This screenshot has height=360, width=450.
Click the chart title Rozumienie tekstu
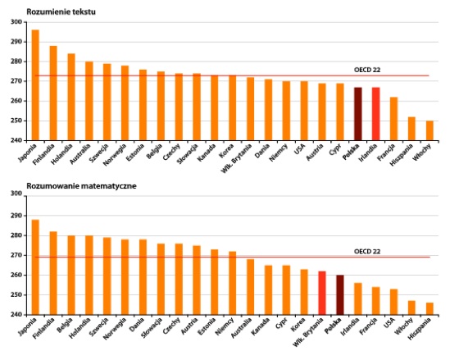[x=61, y=11]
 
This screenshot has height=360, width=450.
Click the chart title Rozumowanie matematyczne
[x=81, y=186]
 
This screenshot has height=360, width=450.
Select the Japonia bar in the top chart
[x=35, y=85]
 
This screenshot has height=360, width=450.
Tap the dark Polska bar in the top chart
[x=358, y=114]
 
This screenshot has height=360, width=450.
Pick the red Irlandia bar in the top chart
[x=376, y=114]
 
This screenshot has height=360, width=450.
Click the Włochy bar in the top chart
[x=430, y=130]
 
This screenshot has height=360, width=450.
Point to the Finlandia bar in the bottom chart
[x=53, y=273]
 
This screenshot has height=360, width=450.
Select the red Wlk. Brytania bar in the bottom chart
[x=322, y=293]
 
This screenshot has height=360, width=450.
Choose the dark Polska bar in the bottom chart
[x=340, y=295]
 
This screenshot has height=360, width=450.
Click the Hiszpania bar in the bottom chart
[x=430, y=309]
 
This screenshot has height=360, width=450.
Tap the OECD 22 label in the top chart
[x=367, y=70]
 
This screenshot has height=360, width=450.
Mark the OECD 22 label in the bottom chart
[x=367, y=252]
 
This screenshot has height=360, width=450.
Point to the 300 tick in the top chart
[x=16, y=22]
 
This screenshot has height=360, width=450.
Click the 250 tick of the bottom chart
[x=16, y=295]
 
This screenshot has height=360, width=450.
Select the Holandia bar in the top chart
[x=71, y=97]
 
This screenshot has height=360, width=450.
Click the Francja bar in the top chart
[x=393, y=119]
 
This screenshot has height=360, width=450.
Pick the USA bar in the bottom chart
[x=393, y=302]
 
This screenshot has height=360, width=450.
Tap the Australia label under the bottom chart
[x=242, y=327]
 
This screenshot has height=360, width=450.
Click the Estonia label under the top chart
[x=135, y=153]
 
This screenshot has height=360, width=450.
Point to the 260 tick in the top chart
[x=16, y=101]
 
